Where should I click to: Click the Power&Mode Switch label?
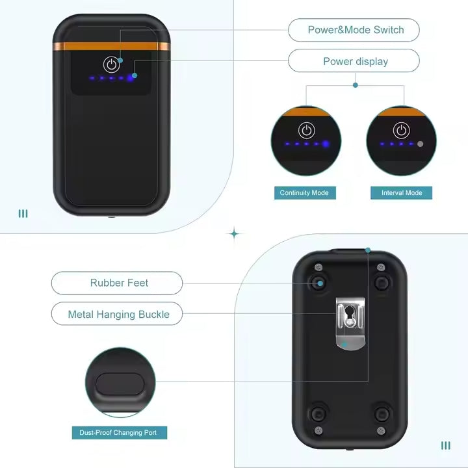click(356, 30)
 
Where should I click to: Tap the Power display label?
click(356, 62)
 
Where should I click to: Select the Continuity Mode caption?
click(305, 193)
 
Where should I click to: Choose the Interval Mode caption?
click(402, 193)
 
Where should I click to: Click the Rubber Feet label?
click(119, 283)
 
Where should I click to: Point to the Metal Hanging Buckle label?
click(118, 315)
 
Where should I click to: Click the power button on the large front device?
click(111, 64)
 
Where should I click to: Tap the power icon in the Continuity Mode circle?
click(307, 131)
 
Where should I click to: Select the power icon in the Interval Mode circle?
click(402, 131)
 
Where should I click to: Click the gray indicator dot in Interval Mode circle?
click(421, 144)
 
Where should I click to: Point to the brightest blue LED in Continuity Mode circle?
click(326, 144)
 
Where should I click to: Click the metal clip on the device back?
click(350, 324)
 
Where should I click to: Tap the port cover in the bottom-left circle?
click(120, 384)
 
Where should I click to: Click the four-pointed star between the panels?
click(234, 234)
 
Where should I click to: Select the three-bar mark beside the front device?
click(23, 214)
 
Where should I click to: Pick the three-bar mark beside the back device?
click(446, 446)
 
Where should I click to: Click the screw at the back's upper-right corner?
click(381, 267)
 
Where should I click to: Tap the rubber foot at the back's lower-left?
click(318, 413)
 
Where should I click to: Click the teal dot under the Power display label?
click(355, 85)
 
